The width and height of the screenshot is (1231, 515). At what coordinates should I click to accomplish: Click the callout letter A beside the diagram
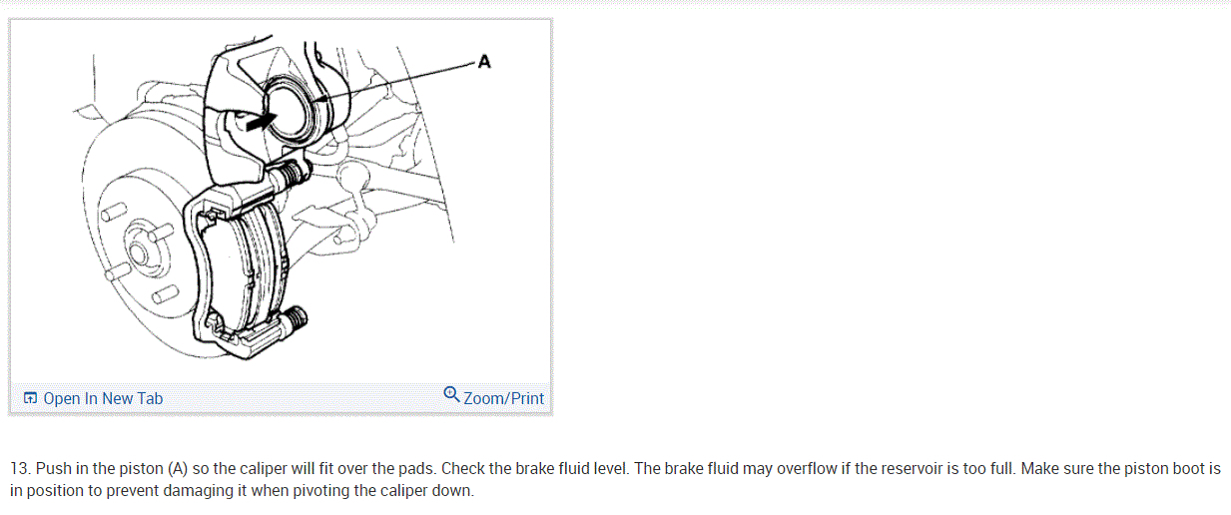[x=484, y=62]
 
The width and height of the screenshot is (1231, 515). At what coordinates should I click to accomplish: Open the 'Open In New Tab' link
[x=103, y=398]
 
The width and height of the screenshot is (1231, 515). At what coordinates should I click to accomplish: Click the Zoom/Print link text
[x=504, y=398]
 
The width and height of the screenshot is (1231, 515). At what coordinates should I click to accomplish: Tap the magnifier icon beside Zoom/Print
[x=452, y=395]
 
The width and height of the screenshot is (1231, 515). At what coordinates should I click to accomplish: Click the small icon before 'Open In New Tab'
[x=31, y=398]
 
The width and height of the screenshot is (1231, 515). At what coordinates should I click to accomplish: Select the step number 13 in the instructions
[x=19, y=468]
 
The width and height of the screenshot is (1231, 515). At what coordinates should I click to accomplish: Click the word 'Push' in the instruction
[x=54, y=468]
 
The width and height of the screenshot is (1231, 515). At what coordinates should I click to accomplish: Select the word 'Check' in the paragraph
[x=463, y=468]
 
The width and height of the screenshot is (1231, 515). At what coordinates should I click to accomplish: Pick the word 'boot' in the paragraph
[x=1185, y=468]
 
